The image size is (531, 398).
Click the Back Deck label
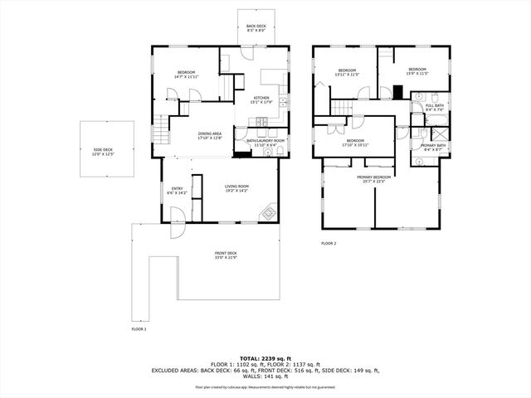[x=257, y=28]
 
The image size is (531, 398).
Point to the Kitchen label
[x=262, y=100]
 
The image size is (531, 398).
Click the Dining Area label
[x=209, y=136]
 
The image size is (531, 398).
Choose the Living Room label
[x=237, y=188]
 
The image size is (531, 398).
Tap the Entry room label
[x=178, y=191]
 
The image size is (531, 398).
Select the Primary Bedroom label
[x=374, y=179]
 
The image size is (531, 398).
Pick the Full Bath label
[x=435, y=107]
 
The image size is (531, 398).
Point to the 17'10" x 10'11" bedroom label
[x=355, y=143]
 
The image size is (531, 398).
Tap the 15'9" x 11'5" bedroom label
[x=416, y=71]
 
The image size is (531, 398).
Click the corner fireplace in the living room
[x=269, y=213]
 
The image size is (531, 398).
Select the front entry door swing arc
[x=177, y=215]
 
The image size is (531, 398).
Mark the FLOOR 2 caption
[x=329, y=243]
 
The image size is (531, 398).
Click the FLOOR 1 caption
[x=139, y=329]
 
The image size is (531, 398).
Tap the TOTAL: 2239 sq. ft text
[x=265, y=357]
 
